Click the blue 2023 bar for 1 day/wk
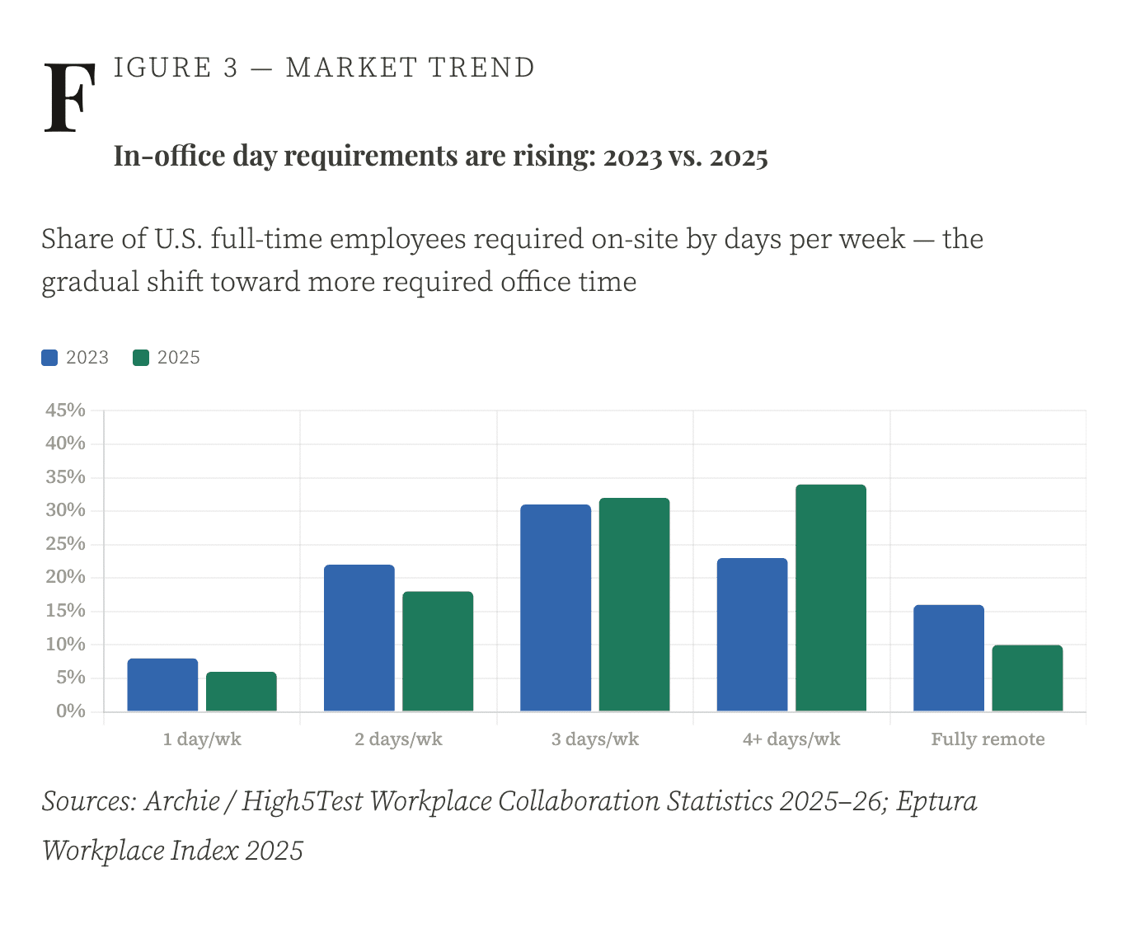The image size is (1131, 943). [x=162, y=685]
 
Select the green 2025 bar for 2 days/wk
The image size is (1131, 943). [x=438, y=651]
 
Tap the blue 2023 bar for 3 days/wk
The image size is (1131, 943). [x=556, y=608]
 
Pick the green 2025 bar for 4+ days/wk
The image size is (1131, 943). [x=831, y=598]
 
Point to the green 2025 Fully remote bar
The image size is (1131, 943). [x=1027, y=678]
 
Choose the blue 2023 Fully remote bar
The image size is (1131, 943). [x=949, y=658]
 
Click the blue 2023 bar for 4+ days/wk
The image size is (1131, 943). [x=752, y=635]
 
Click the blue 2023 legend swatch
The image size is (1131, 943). [x=49, y=358]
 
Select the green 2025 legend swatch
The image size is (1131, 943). [x=141, y=358]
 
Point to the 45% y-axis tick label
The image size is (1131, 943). [x=66, y=410]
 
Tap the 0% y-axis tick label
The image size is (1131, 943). [x=71, y=711]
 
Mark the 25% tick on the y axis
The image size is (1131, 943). [x=66, y=544]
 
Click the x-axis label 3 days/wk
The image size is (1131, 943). [x=595, y=739]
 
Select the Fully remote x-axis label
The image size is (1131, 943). [x=988, y=739]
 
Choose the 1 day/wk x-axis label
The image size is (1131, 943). [x=202, y=739]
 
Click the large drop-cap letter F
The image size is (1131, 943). [x=69, y=98]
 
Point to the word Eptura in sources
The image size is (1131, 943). [x=936, y=801]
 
